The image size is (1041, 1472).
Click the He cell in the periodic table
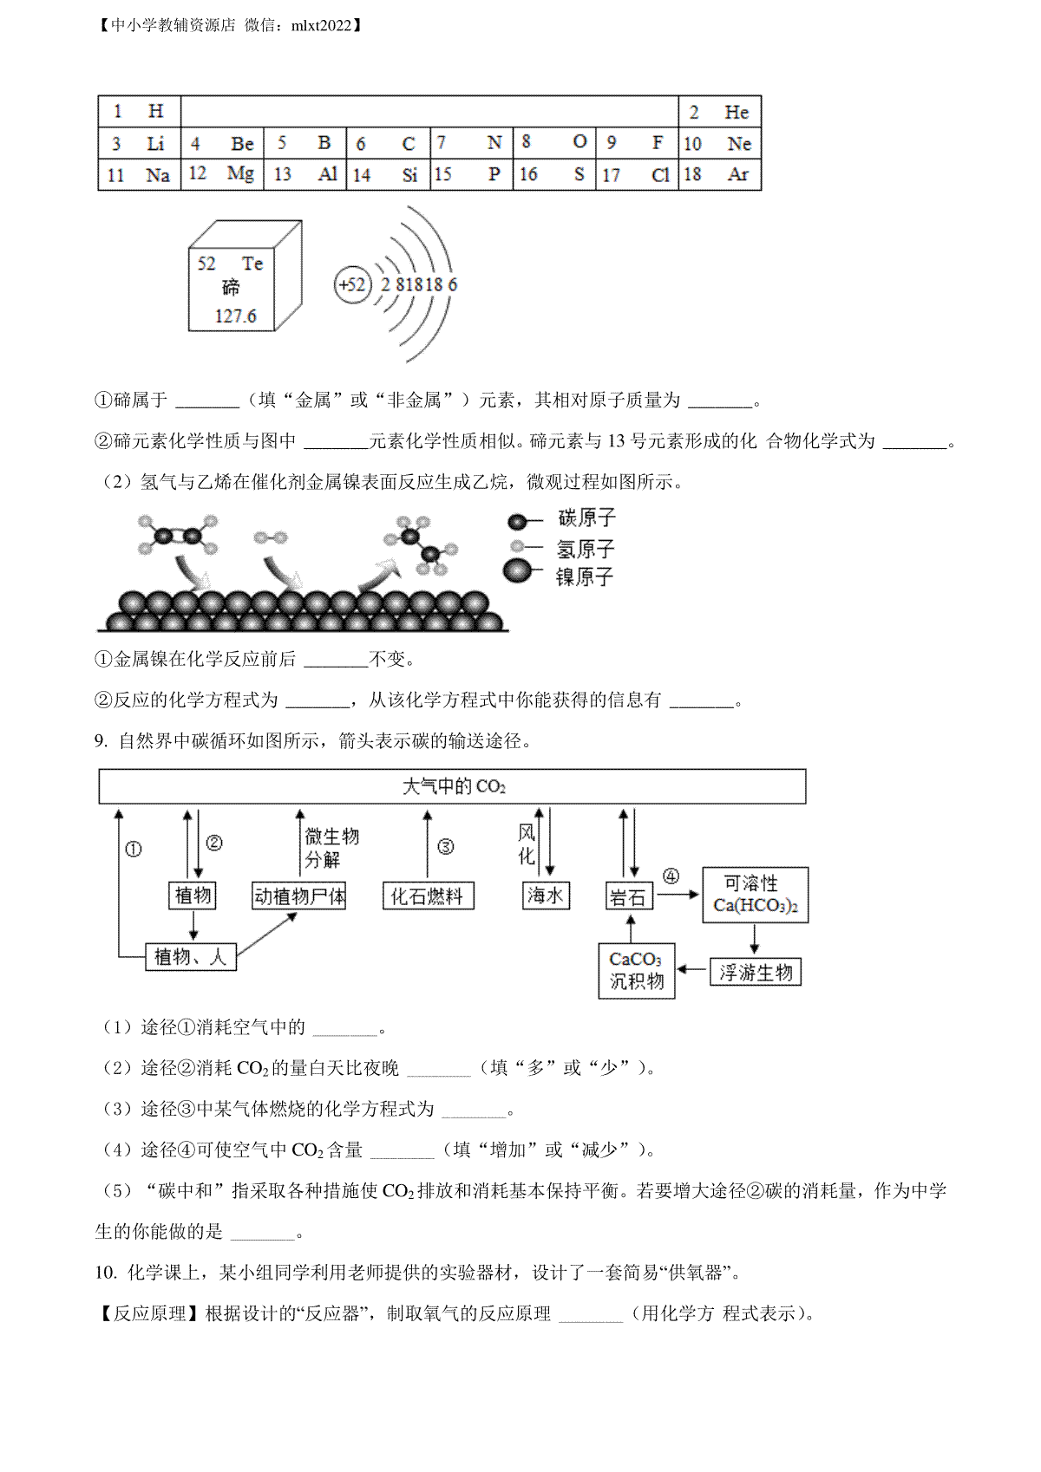[719, 112]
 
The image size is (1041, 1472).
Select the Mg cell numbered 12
[222, 175]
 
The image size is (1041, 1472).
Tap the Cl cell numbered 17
[638, 175]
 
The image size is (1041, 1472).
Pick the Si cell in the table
[388, 175]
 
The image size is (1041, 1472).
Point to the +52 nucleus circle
[352, 284]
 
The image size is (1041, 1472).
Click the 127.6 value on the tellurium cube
[235, 316]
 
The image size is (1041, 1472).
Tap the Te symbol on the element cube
[252, 264]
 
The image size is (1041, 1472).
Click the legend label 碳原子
[586, 518]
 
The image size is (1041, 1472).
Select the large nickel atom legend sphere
[518, 571]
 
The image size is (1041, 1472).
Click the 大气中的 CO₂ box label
[453, 786]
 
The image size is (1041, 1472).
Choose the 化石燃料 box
[428, 896]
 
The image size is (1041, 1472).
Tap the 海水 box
[546, 895]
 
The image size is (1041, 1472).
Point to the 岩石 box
[629, 896]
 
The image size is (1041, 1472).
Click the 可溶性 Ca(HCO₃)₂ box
[755, 895]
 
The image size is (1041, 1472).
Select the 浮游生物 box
[756, 973]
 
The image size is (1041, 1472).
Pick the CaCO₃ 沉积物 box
[637, 971]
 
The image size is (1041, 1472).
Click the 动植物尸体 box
[298, 896]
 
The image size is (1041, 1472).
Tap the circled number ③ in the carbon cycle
[446, 847]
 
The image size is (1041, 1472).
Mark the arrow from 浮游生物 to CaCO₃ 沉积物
[691, 969]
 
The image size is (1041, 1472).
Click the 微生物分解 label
[331, 848]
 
